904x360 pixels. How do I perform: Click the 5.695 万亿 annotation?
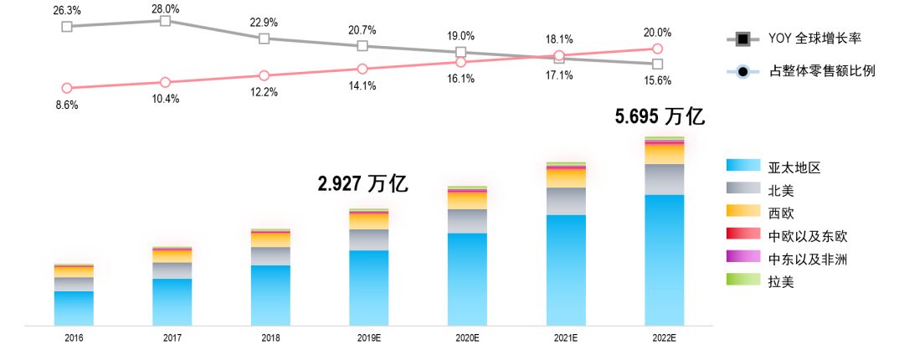660,117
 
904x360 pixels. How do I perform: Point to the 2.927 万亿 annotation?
362,184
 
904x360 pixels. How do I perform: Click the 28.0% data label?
166,8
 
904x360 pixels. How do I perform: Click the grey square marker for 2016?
67,27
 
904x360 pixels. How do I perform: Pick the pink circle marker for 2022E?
658,49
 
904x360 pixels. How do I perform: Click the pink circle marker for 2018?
265,75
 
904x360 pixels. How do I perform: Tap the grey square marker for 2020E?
460,52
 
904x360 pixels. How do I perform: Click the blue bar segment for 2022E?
665,260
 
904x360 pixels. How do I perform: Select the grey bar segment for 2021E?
566,201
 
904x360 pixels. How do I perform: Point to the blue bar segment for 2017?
172,301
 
